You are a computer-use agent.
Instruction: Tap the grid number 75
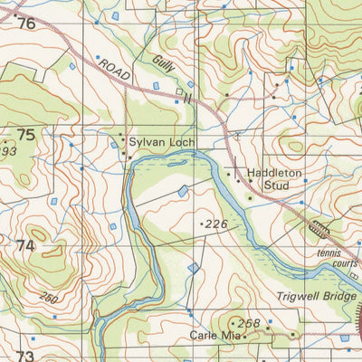click(25, 135)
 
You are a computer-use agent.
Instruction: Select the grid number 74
click(24, 246)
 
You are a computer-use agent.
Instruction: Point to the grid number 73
click(24, 356)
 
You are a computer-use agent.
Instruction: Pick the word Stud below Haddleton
click(275, 186)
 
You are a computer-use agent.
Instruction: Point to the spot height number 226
click(217, 222)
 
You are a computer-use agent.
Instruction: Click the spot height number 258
click(248, 323)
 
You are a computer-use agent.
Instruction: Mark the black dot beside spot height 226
click(200, 222)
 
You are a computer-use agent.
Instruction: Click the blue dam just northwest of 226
click(184, 191)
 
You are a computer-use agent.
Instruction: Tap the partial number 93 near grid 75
click(9, 150)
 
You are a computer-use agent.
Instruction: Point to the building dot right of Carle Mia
click(244, 336)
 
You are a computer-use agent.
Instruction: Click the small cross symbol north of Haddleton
click(237, 135)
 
